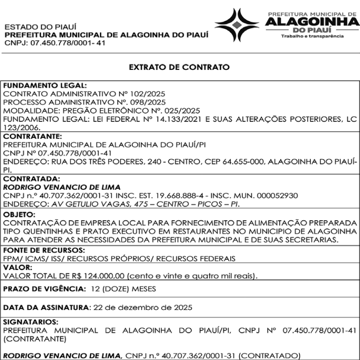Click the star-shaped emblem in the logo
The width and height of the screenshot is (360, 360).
click(237, 25)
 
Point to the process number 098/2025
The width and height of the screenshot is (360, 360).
click(149, 102)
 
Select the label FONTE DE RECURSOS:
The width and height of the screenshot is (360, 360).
click(44, 250)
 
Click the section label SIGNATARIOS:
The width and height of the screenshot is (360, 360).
click(31, 322)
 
